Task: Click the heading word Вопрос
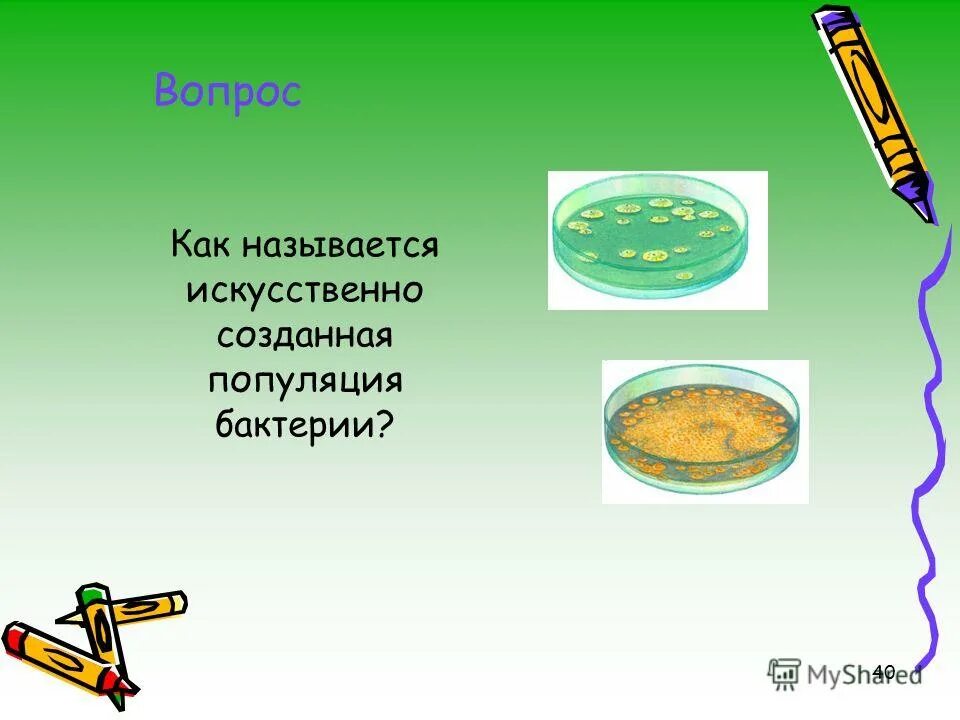227,92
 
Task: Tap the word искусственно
305,291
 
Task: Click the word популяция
305,381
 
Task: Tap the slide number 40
883,671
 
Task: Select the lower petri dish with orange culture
704,431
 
